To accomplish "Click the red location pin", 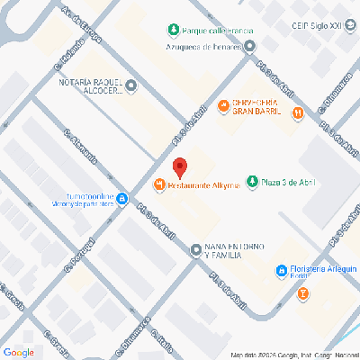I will coord(180,167).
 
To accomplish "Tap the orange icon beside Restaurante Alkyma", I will coord(159,185).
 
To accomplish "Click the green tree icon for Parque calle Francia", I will coord(171,30).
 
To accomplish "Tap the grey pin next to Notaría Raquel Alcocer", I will coord(131,86).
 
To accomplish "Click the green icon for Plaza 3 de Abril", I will coord(253,183).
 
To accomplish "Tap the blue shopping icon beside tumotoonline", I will coord(122,202).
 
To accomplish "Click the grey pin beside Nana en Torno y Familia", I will coord(195,249).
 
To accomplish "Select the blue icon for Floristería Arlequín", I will coord(281,270).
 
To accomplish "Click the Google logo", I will coord(19,351).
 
